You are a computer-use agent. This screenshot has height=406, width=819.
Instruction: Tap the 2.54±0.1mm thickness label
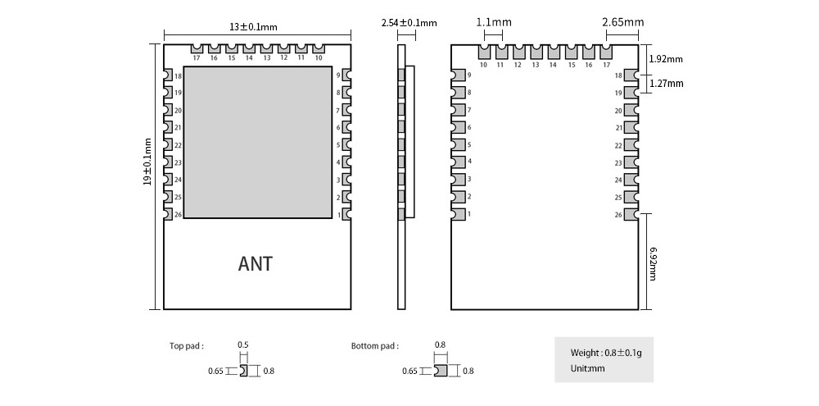point(409,23)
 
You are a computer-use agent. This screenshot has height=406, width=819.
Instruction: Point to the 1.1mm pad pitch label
point(494,23)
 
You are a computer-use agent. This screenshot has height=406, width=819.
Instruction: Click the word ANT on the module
point(255,264)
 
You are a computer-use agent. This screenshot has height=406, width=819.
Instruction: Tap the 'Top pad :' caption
point(187,346)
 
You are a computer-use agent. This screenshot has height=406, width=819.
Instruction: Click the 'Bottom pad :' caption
point(375,346)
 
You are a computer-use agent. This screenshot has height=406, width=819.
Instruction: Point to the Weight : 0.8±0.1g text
point(606,353)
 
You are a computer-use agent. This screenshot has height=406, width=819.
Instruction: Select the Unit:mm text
point(587,368)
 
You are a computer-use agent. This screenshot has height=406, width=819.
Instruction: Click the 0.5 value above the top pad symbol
point(242,344)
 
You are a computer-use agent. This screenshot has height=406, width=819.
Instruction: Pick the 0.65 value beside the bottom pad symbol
point(410,371)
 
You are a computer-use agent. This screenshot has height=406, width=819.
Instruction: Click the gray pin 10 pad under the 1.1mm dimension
point(483,52)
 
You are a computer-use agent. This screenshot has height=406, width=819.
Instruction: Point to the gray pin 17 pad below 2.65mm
point(606,52)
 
